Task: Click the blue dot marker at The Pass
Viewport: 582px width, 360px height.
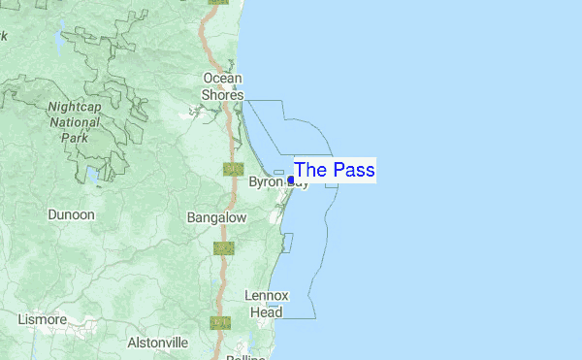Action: (x=291, y=180)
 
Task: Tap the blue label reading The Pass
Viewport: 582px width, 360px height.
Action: (x=334, y=170)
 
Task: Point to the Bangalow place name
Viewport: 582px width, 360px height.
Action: (x=216, y=218)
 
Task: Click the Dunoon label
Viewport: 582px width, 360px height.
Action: (x=72, y=214)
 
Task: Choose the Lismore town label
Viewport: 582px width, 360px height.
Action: (x=42, y=319)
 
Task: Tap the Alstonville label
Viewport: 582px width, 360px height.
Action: (x=158, y=343)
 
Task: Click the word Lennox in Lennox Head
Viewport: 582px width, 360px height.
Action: (x=266, y=295)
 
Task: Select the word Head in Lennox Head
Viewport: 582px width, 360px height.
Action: (x=266, y=312)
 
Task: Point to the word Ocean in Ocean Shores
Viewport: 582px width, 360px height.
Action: (x=222, y=78)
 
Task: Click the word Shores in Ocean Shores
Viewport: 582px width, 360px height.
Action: (x=222, y=94)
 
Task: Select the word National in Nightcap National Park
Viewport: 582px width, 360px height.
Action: (x=74, y=122)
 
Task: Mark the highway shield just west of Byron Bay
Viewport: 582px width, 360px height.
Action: (x=233, y=169)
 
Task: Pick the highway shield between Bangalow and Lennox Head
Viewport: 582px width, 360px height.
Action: (x=224, y=248)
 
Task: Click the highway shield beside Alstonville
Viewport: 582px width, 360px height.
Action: (x=220, y=322)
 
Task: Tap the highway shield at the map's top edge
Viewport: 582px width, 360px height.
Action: (x=218, y=2)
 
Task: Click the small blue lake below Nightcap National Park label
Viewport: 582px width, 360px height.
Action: (x=91, y=175)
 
